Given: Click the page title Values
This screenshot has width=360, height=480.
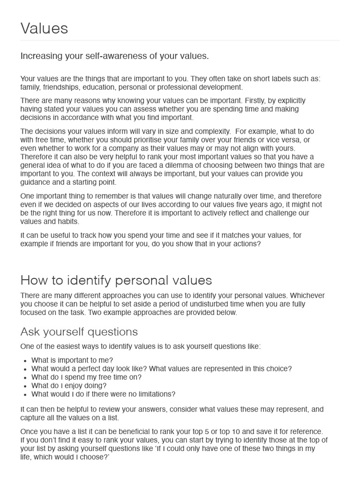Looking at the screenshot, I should (44, 29).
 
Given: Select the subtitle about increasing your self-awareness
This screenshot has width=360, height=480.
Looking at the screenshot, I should (114, 56).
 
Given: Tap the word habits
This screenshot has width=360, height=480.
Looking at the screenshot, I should (67, 221).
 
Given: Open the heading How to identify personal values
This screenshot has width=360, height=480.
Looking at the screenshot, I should (116, 280).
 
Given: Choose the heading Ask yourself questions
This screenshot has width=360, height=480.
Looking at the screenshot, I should (79, 332).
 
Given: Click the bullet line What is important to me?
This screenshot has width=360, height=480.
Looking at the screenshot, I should (72, 360).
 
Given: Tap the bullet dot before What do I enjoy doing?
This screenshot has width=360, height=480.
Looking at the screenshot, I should (24, 386).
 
